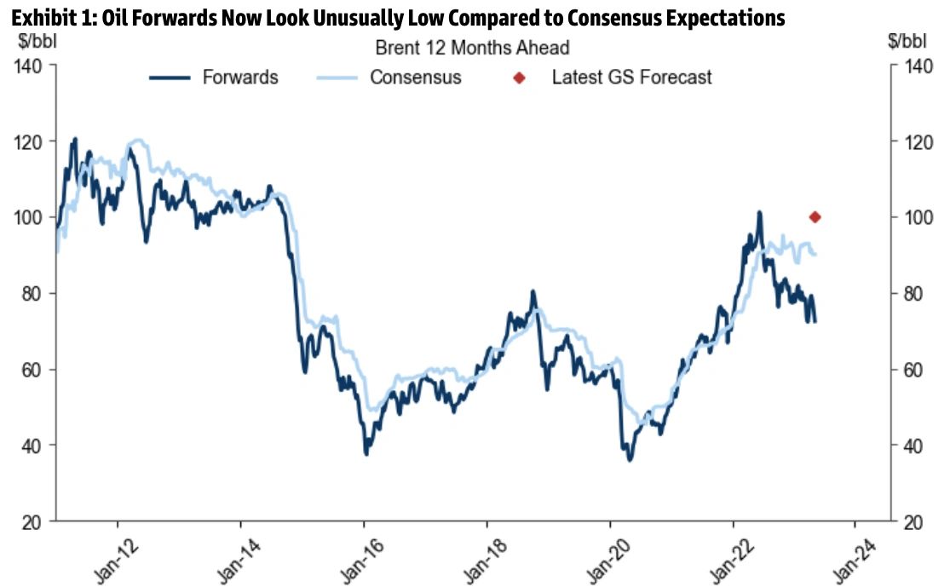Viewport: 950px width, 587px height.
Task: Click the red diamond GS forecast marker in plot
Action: [x=815, y=217]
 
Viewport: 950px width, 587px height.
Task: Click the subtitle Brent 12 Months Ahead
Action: [x=472, y=49]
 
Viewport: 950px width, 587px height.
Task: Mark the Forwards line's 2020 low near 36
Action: [x=630, y=460]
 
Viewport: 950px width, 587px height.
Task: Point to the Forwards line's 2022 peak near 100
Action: [x=759, y=213]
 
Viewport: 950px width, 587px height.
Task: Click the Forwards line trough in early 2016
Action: [x=366, y=453]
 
